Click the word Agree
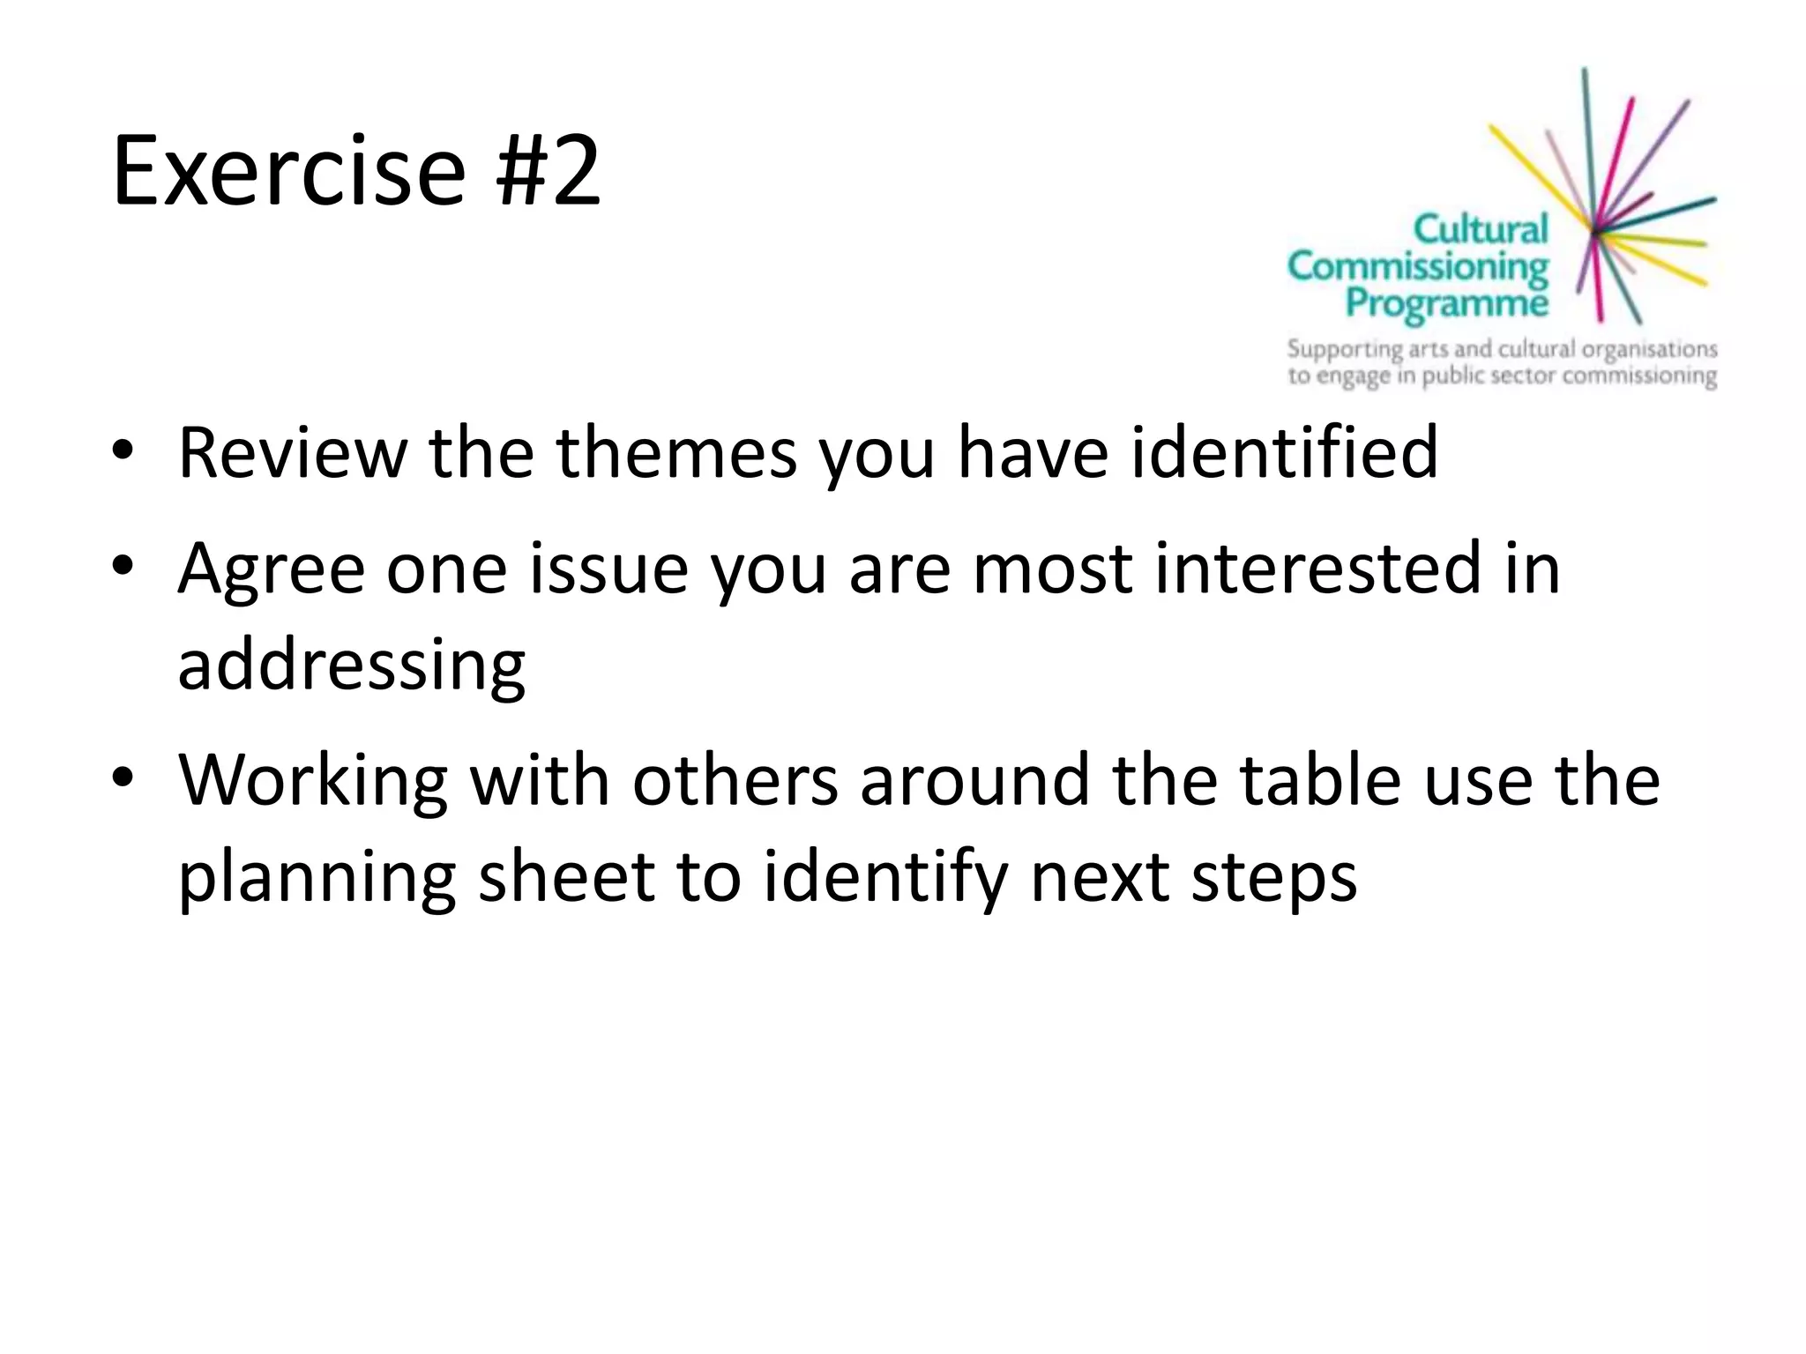(271, 569)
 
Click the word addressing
(351, 666)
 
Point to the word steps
(1273, 879)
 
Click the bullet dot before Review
(123, 450)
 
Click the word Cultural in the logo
(1481, 229)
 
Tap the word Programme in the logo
(1446, 302)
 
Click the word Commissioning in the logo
(1417, 266)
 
